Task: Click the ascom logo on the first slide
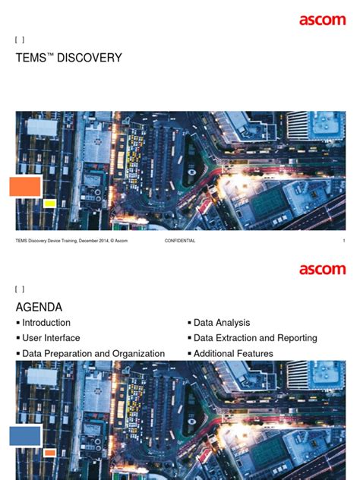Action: [322, 21]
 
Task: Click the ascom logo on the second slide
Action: [322, 270]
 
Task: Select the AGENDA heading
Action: [39, 307]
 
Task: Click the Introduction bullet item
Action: [46, 323]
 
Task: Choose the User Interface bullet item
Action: [51, 338]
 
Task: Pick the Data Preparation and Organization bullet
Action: [93, 354]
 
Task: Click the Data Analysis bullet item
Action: [222, 323]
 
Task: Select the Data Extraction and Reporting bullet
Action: [255, 338]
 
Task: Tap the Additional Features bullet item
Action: [233, 354]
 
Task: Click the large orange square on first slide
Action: [25, 186]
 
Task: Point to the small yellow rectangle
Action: [49, 204]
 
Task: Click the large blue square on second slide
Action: [25, 435]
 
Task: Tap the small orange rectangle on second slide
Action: [49, 453]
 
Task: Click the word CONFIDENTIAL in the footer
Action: [179, 241]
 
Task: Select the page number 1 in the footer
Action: [343, 241]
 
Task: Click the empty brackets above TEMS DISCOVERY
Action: [20, 40]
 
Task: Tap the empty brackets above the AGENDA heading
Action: [20, 289]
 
